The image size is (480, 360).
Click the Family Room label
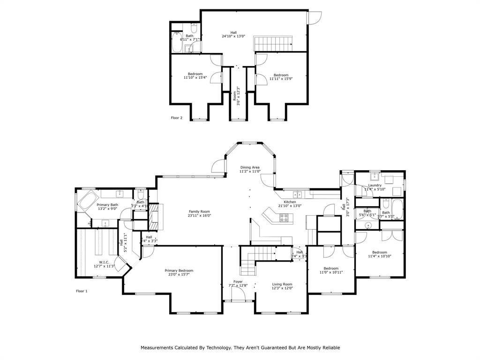tap(199, 211)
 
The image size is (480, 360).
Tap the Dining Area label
tap(250, 167)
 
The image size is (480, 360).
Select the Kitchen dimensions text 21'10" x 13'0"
tap(289, 206)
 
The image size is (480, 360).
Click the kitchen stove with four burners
tap(284, 217)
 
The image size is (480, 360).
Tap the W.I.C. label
tap(104, 262)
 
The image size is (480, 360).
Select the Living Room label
tap(282, 284)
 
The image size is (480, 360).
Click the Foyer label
tap(238, 281)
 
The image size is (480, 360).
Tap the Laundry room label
tap(375, 185)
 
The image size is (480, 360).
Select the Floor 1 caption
tap(82, 291)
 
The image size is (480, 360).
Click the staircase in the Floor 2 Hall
tap(273, 43)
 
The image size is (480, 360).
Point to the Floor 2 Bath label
tap(189, 36)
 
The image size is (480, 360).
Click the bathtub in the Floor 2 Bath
tap(177, 43)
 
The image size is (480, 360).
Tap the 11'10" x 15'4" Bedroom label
tap(195, 74)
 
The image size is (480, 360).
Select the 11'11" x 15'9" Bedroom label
tap(281, 75)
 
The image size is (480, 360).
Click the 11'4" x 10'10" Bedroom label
tap(379, 252)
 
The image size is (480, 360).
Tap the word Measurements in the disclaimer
tap(160, 348)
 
